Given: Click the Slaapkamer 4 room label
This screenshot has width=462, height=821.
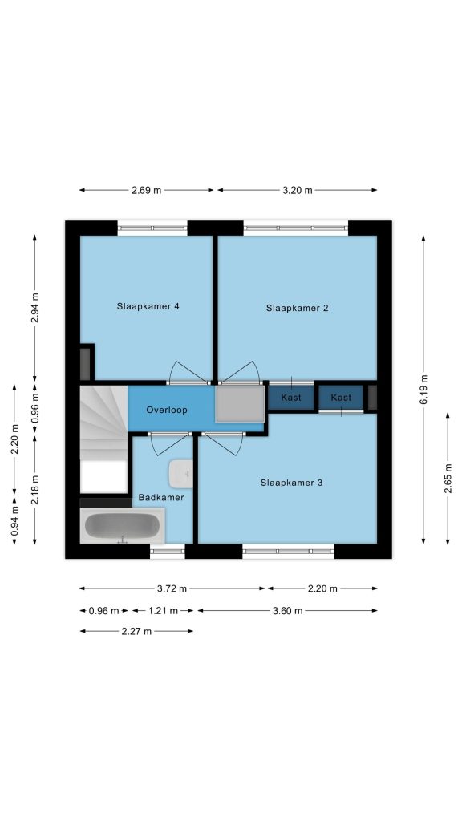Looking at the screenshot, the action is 148,306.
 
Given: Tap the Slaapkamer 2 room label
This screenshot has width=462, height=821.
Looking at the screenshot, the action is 297,308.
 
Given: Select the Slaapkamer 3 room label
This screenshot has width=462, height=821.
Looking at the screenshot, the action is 291,483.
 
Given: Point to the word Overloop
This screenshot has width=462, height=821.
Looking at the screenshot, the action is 167,410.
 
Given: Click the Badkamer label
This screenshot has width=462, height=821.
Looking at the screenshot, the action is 161,497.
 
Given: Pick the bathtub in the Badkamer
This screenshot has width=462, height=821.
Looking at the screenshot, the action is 123,526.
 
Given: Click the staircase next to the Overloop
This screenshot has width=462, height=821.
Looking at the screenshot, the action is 103,423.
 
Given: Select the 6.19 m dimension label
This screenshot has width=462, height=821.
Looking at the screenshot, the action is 423,390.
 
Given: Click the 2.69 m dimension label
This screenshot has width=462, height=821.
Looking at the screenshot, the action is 147,191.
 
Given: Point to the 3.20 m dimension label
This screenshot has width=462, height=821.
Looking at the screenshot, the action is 298,191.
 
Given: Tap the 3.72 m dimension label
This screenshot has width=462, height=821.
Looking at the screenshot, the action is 172,588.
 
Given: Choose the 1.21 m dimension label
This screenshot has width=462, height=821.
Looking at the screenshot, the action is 163,610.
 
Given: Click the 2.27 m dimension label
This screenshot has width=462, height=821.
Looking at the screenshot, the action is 136,632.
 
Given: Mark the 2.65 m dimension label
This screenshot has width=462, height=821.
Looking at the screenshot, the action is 448,479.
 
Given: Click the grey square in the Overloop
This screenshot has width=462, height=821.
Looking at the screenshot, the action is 240,404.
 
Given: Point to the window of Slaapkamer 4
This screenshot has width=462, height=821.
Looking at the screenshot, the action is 152,228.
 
